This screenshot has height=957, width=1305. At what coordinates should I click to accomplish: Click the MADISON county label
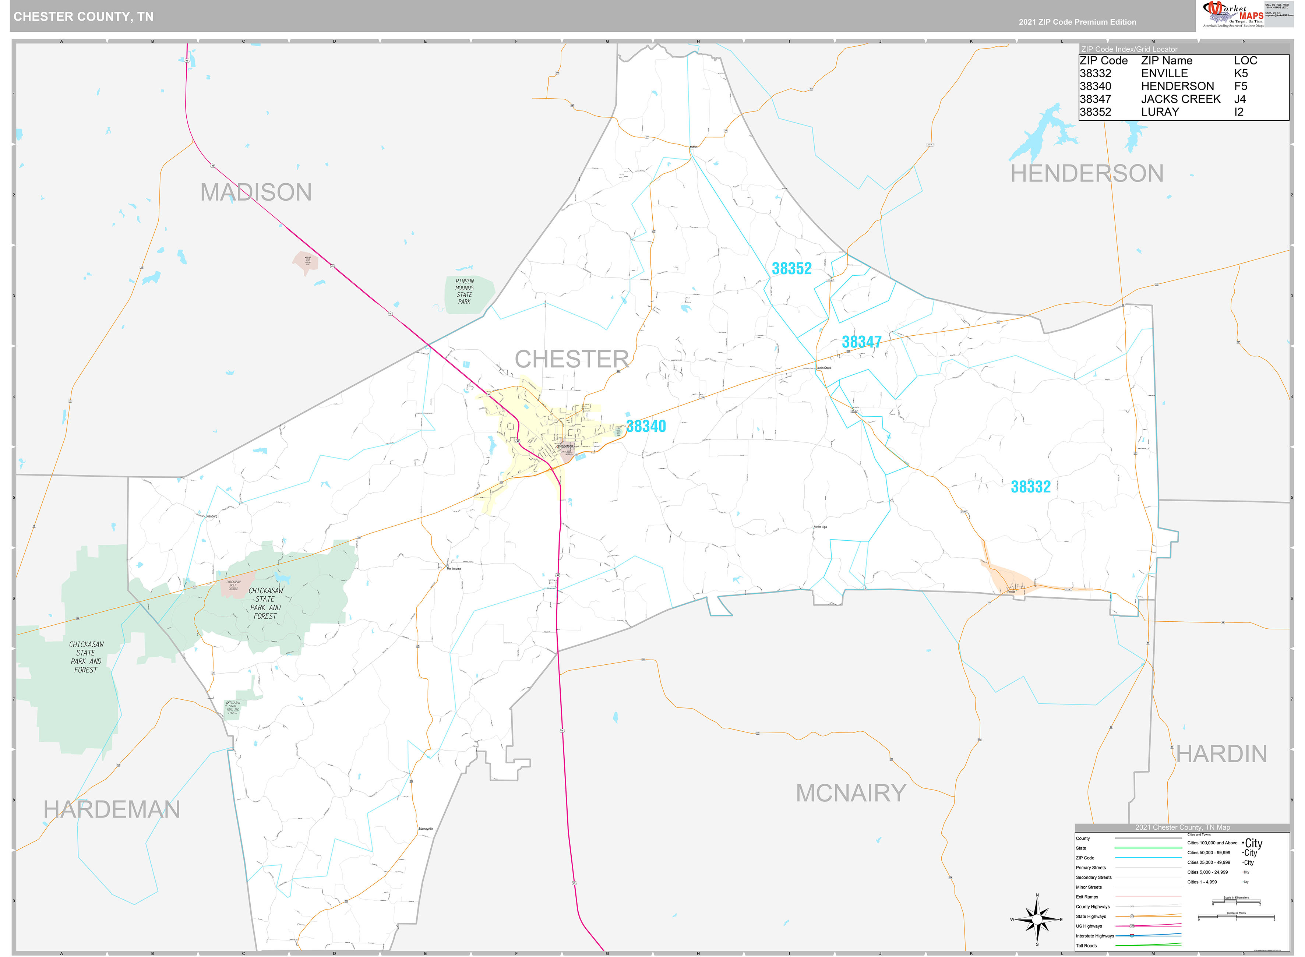click(x=255, y=193)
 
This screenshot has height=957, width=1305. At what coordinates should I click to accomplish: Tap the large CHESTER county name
click(x=571, y=359)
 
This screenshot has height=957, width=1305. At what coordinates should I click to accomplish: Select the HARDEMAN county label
click(x=112, y=809)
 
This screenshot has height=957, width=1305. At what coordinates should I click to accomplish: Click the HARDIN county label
click(x=1221, y=754)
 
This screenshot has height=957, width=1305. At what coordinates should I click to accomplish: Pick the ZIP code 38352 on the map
click(x=791, y=268)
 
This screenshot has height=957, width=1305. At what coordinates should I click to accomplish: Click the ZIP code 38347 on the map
click(x=861, y=342)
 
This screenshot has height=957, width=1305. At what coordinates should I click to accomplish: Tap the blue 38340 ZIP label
click(x=646, y=426)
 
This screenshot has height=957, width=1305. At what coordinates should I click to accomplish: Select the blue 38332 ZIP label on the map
click(x=1030, y=487)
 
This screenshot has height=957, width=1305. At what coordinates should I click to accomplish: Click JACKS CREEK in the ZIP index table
click(x=1181, y=99)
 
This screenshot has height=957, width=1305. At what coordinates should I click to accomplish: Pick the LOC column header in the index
click(x=1245, y=61)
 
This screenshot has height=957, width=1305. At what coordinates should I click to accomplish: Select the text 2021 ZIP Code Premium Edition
click(x=1077, y=22)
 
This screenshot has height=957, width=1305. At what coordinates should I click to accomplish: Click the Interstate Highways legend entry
click(x=1095, y=936)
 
